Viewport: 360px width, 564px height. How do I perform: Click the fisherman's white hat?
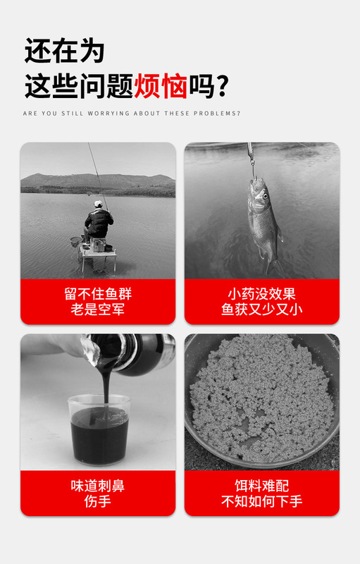(x=99, y=204)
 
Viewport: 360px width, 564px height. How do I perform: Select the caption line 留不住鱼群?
(x=98, y=293)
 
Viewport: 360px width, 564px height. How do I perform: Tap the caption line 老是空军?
(x=98, y=309)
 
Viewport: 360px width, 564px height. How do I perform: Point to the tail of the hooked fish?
(x=274, y=266)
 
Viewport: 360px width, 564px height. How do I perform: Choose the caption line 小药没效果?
(x=261, y=293)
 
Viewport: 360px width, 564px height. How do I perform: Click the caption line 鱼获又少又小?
(x=261, y=309)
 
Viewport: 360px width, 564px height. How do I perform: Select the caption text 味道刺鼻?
(x=98, y=486)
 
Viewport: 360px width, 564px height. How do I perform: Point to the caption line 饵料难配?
(x=261, y=486)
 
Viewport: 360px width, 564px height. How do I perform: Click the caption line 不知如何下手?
(x=261, y=502)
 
